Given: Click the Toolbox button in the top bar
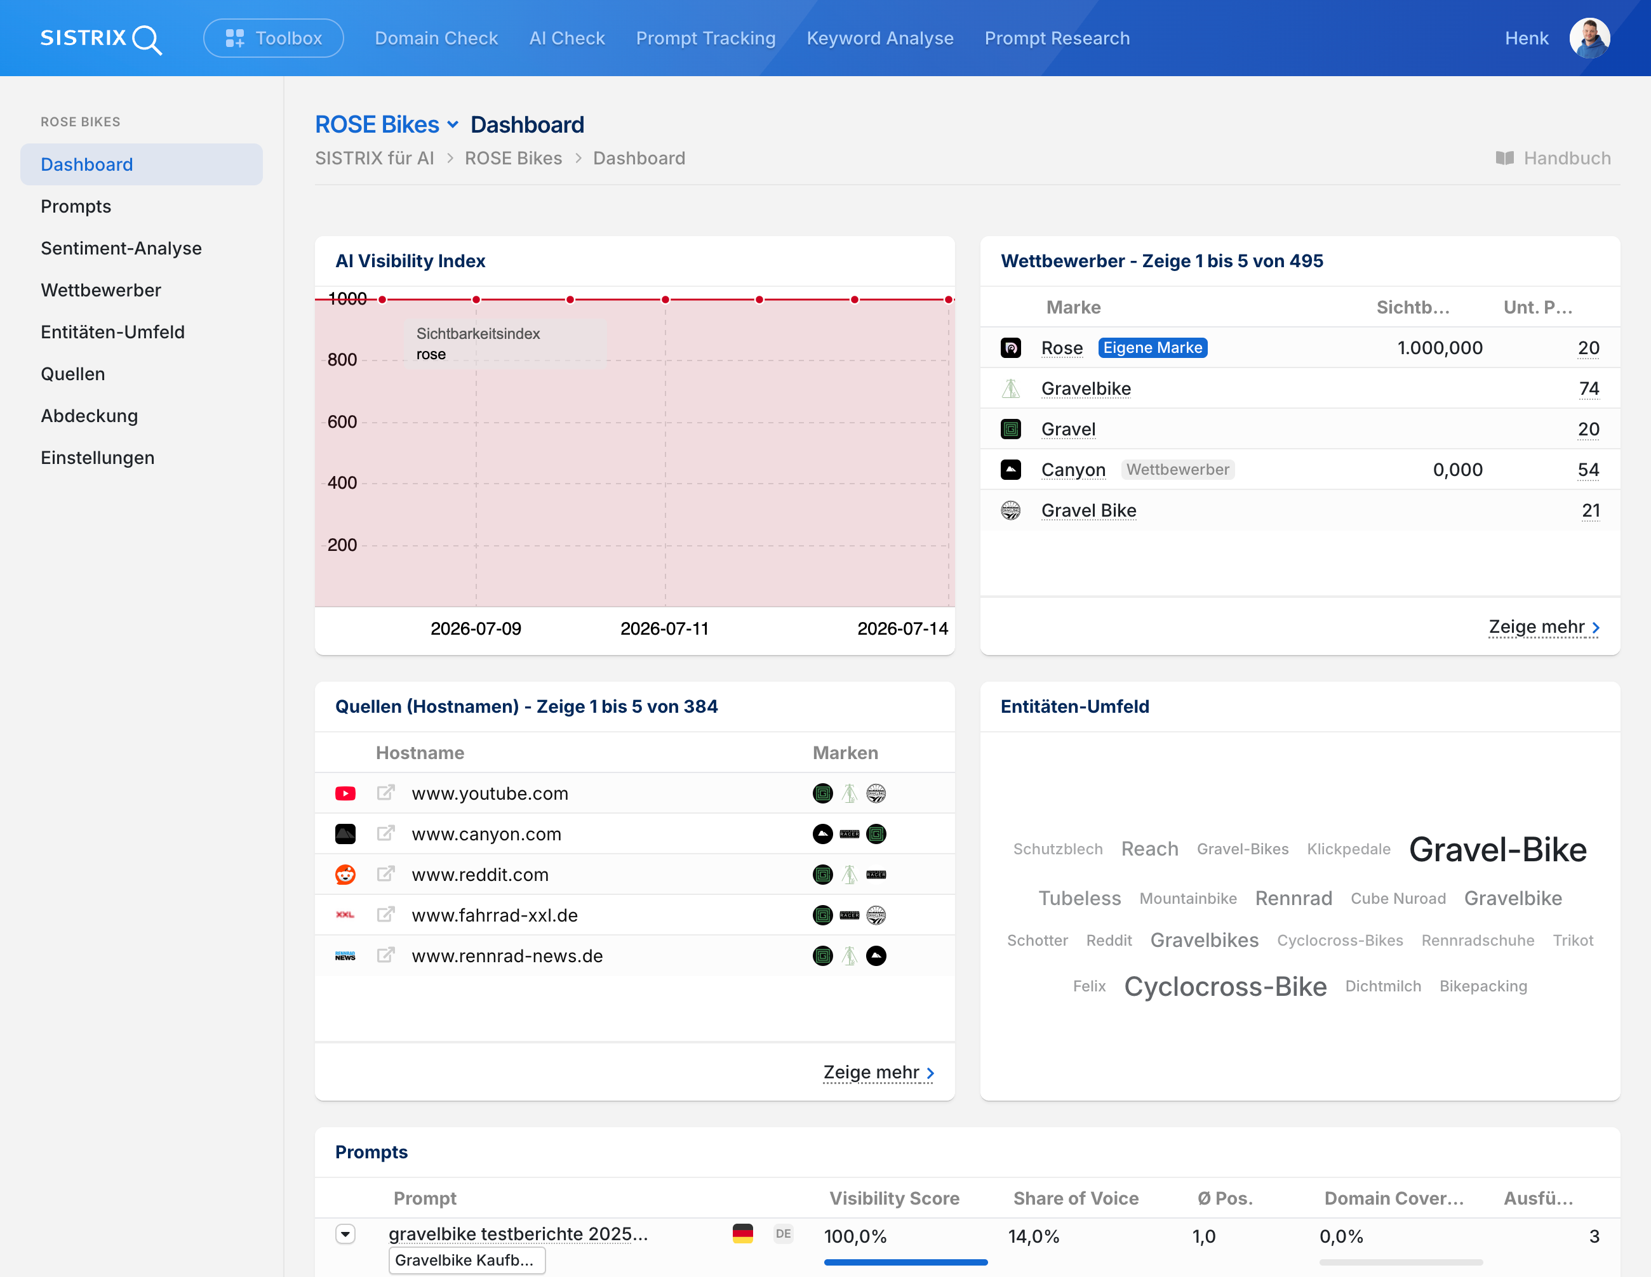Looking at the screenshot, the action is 273,39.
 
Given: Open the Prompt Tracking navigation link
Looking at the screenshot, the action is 705,39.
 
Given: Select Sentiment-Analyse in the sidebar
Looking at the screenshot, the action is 121,249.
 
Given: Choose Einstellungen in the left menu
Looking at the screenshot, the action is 98,458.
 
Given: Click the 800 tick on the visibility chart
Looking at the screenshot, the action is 342,360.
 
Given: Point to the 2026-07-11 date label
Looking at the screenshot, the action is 664,629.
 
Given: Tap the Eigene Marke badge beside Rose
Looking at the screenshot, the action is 1153,348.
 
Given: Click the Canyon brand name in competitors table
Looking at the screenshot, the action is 1073,470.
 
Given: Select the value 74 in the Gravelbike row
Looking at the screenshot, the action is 1589,388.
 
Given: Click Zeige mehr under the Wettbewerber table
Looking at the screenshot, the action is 1544,627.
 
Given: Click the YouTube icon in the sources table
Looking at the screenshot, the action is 345,793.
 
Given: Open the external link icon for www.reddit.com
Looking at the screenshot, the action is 385,874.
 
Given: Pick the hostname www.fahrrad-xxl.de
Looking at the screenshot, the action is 495,915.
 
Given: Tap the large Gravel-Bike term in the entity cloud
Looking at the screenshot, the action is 1497,850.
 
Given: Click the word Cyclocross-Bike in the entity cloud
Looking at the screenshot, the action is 1226,987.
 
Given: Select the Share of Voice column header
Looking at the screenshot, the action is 1076,1198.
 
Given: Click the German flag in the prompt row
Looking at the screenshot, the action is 743,1234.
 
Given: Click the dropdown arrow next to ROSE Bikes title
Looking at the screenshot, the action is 453,124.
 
